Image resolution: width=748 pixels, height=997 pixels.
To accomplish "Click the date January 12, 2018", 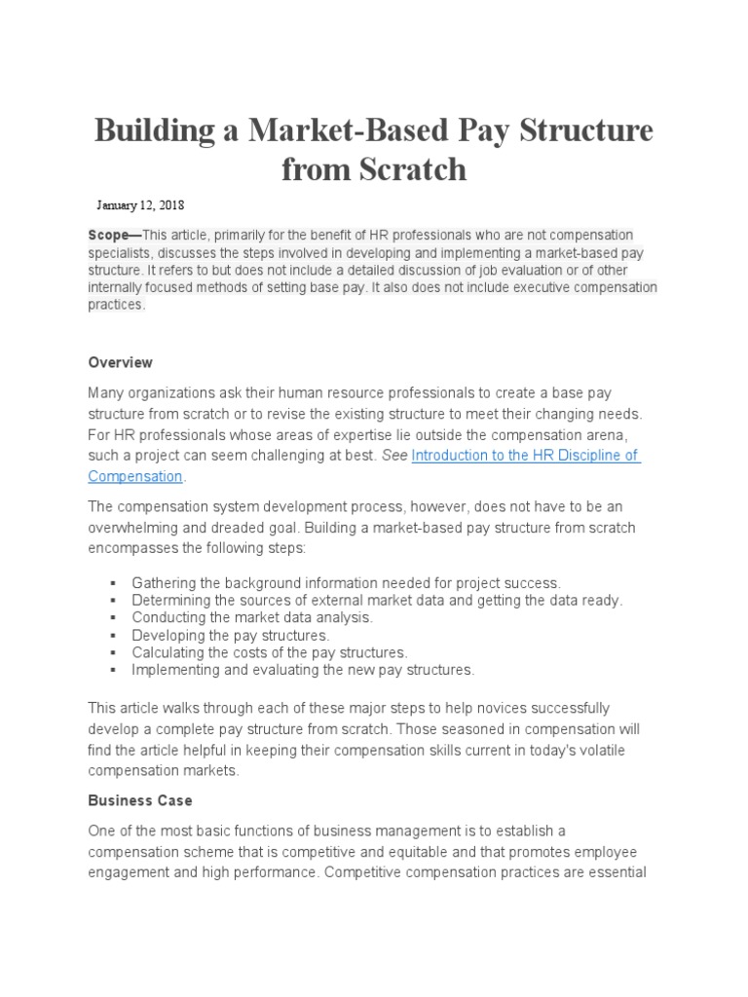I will [x=140, y=205].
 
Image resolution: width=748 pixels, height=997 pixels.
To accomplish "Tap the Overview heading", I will [x=120, y=362].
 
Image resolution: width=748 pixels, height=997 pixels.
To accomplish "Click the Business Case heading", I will [x=140, y=800].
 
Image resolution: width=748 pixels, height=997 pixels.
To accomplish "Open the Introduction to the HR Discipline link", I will [x=525, y=456].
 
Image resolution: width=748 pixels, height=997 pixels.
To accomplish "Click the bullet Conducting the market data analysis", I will [x=252, y=617].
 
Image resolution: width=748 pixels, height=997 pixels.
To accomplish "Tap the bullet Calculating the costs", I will [x=269, y=652].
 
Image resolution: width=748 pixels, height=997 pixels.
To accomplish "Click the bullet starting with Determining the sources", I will [x=376, y=600].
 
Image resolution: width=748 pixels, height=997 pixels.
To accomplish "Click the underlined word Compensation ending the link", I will [x=135, y=476].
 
